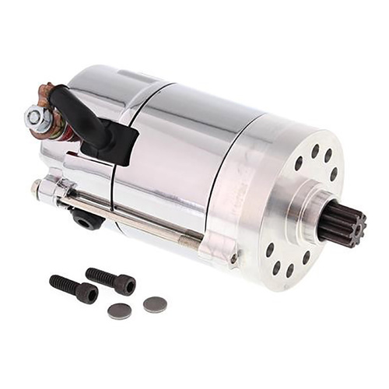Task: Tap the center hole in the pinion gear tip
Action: click(x=351, y=219)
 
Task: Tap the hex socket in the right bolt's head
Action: click(x=125, y=286)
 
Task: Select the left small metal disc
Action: click(x=120, y=311)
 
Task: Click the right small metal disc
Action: click(x=156, y=305)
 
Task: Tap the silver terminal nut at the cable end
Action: click(x=34, y=117)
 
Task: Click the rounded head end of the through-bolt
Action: click(x=36, y=186)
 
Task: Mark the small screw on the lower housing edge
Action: click(x=233, y=257)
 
